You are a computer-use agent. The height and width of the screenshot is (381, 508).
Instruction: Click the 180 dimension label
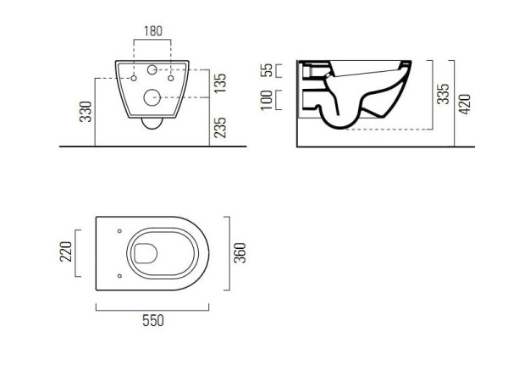(153, 31)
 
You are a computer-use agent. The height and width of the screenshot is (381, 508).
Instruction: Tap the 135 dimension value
(220, 83)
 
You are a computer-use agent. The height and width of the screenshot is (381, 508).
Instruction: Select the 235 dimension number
(220, 128)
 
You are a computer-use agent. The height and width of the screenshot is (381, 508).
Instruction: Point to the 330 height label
(86, 112)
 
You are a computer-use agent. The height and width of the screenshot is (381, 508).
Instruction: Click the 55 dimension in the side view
(267, 70)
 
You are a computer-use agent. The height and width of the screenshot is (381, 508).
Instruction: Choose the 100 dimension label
(267, 101)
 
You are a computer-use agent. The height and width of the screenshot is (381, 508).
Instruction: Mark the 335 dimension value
(443, 94)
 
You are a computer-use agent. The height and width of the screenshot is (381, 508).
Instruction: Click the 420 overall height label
(465, 104)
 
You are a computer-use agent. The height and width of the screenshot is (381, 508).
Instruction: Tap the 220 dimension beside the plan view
(66, 251)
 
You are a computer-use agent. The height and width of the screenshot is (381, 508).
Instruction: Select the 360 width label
(240, 253)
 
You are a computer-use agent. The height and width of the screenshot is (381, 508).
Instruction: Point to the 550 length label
(153, 320)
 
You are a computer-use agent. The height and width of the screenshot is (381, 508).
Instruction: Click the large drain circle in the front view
(152, 97)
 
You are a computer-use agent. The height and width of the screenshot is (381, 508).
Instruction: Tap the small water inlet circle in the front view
(152, 69)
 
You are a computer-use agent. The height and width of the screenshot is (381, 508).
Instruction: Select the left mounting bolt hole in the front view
(134, 78)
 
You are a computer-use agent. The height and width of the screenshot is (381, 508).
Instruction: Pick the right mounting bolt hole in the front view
(171, 78)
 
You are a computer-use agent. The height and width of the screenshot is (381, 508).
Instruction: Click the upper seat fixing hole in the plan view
(119, 231)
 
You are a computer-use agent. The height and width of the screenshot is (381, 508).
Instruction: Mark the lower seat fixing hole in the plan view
(119, 276)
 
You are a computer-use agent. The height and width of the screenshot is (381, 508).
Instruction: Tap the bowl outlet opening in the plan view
(146, 253)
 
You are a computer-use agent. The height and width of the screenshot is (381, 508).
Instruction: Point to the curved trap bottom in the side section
(339, 127)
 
